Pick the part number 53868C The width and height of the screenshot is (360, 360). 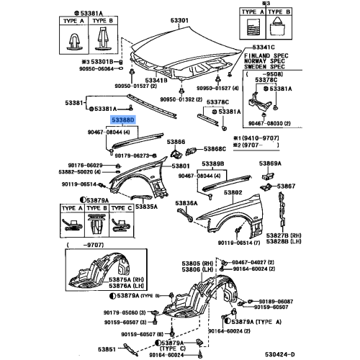pos(215,149)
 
